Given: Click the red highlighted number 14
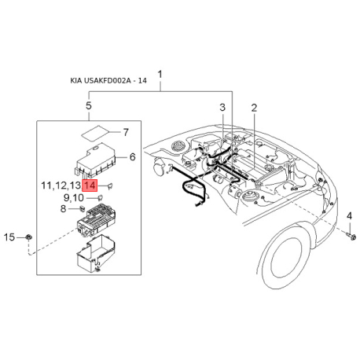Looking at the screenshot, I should point(90,186).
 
